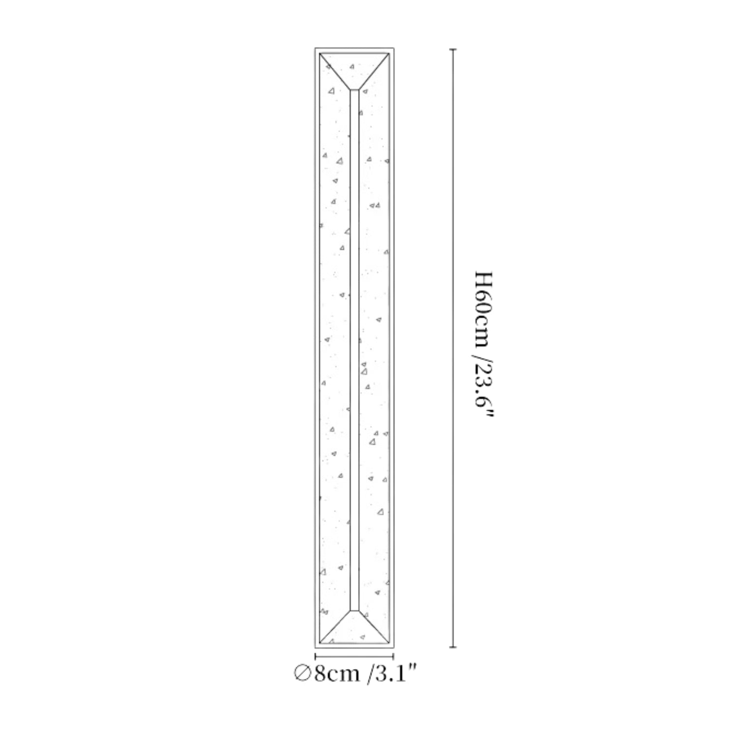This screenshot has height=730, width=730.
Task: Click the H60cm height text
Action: (484, 309)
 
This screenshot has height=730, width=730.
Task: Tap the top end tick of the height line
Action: (453, 50)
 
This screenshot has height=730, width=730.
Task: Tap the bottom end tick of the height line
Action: (453, 647)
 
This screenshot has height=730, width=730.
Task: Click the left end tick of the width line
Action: (315, 657)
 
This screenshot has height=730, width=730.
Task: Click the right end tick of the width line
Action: (393, 657)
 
